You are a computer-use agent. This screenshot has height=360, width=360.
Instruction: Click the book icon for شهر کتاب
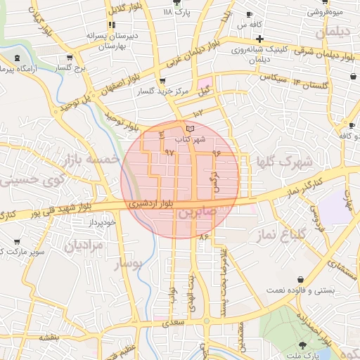pyautogui.click(x=190, y=128)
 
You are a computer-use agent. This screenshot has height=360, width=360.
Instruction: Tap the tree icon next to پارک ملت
pyautogui.click(x=303, y=345)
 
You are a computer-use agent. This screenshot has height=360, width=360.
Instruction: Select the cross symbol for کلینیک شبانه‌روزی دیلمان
pyautogui.click(x=259, y=39)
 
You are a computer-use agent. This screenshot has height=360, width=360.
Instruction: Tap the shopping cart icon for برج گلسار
pyautogui.click(x=69, y=58)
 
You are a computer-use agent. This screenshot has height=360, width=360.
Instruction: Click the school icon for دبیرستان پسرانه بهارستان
pyautogui.click(x=111, y=25)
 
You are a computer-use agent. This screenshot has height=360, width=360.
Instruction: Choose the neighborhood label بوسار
pyautogui.click(x=126, y=264)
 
